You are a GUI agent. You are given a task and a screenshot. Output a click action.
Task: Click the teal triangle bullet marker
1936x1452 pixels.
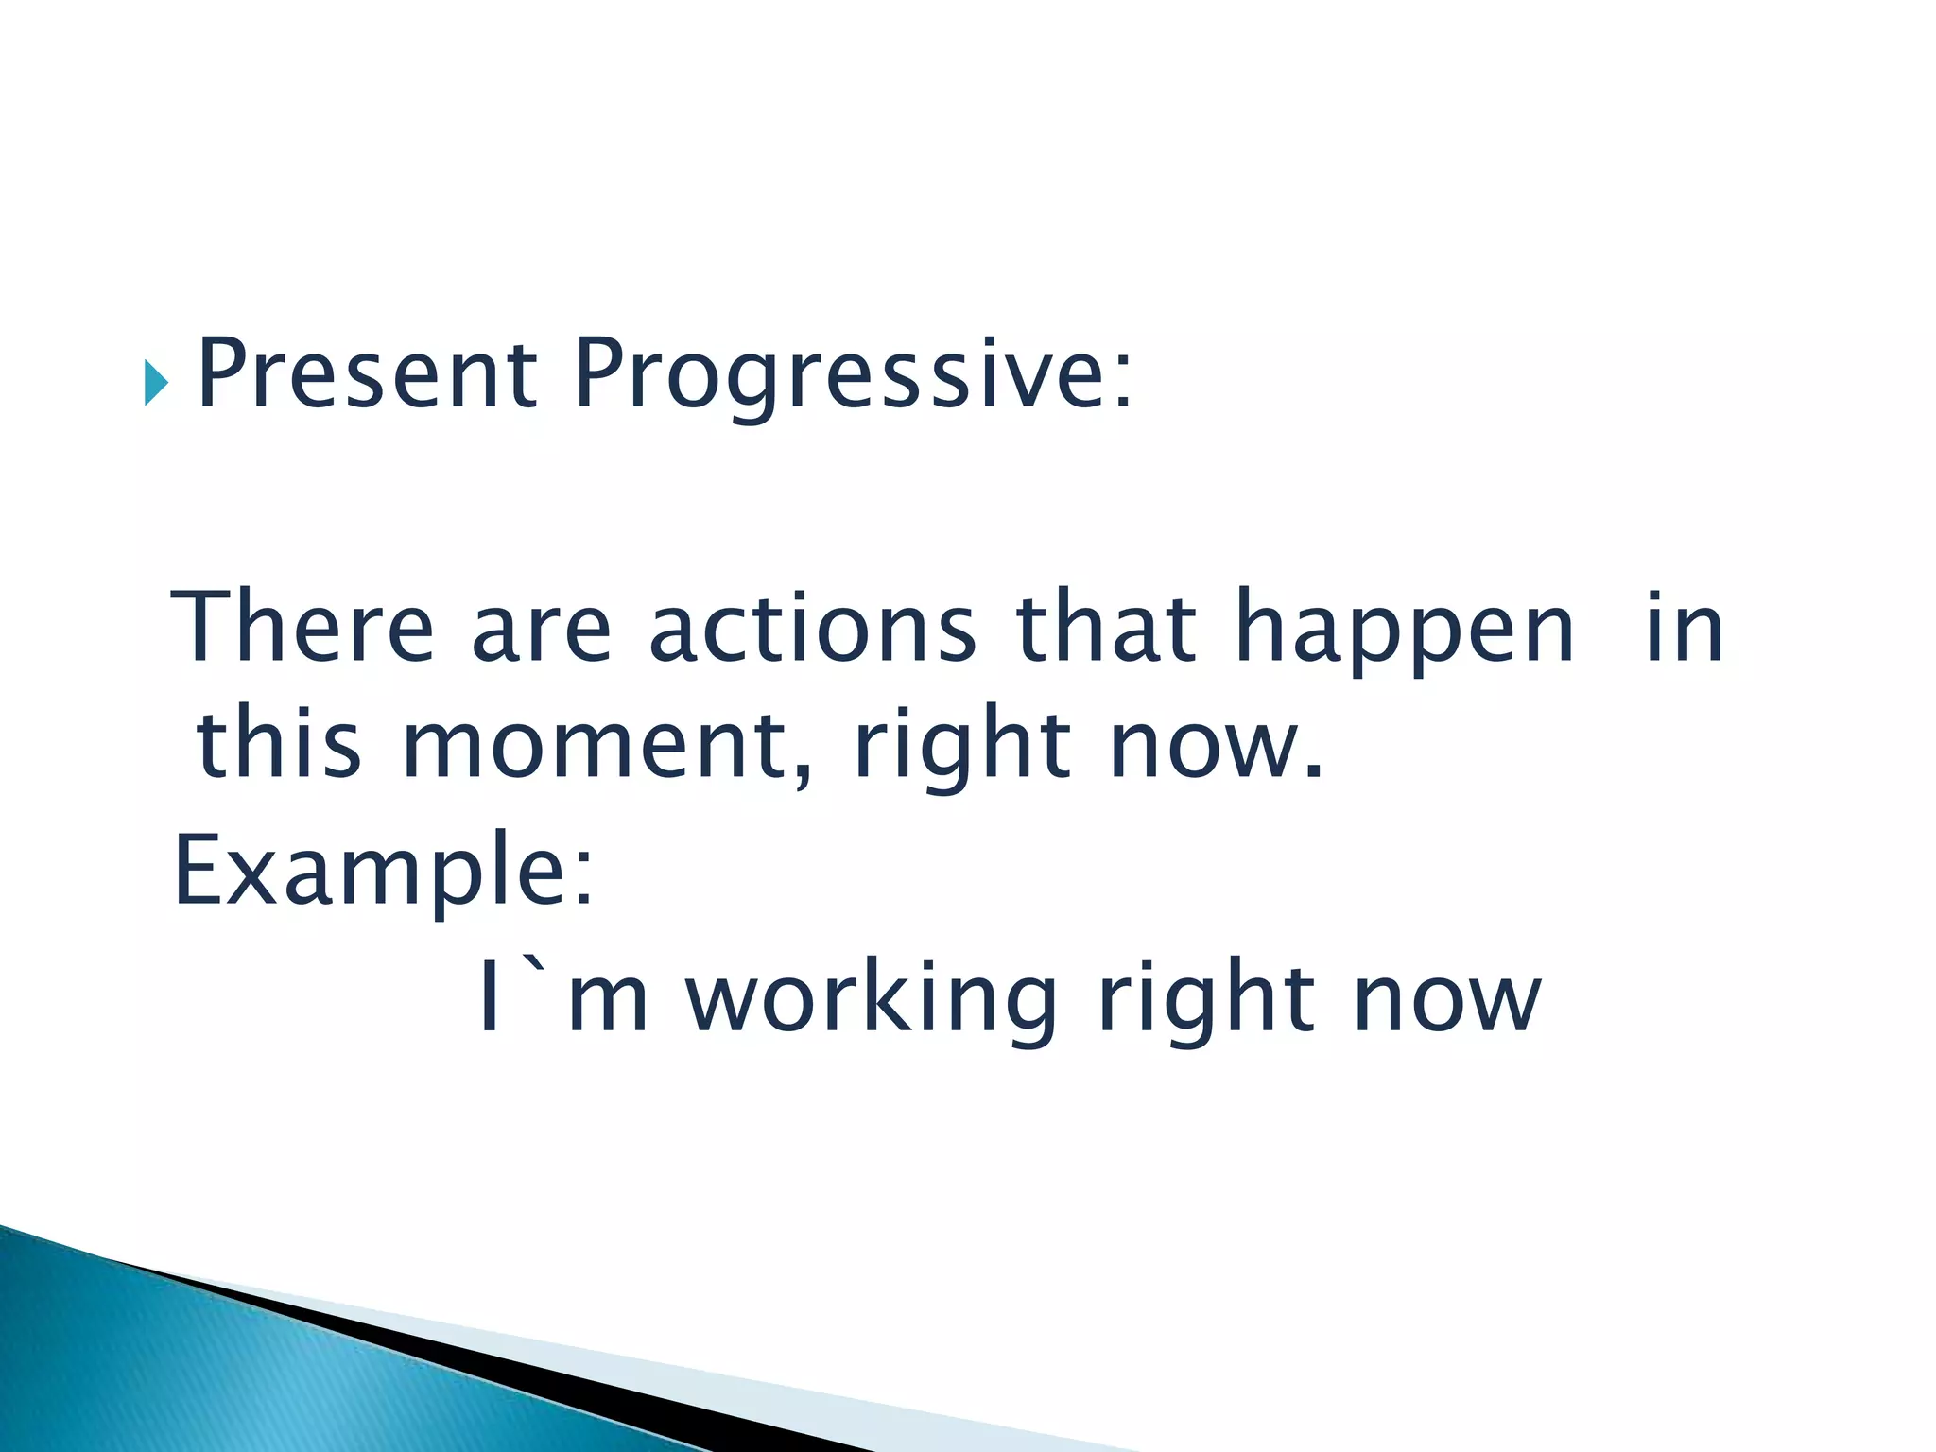coord(156,383)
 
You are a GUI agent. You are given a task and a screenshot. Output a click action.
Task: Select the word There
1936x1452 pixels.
coord(302,628)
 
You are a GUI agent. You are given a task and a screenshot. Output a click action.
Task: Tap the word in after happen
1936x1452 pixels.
coord(1685,628)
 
